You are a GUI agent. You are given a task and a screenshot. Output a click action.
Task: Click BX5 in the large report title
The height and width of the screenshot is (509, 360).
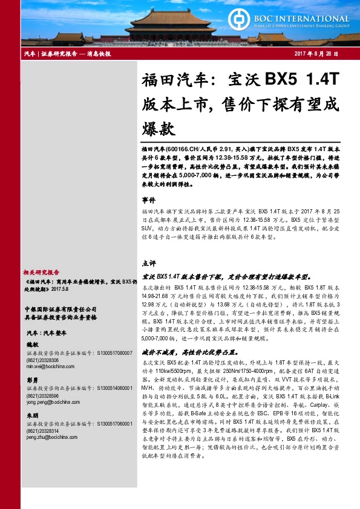click(283, 79)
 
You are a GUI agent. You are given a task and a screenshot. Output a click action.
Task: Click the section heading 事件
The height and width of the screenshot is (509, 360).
click(149, 199)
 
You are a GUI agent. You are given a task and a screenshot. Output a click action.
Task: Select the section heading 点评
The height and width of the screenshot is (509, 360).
click(149, 264)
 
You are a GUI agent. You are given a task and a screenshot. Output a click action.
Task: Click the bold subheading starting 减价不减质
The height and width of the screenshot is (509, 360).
click(179, 351)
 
